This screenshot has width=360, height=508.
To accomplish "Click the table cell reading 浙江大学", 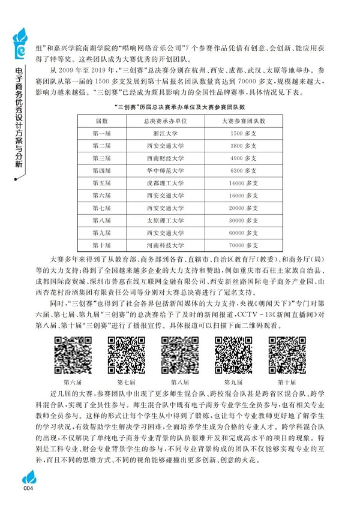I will pyautogui.click(x=164, y=133).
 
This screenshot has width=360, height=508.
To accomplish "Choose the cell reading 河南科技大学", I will pyautogui.click(x=164, y=245).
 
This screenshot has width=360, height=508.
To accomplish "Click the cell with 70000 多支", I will pyautogui.click(x=244, y=245).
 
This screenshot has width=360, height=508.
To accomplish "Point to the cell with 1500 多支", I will pyautogui.click(x=244, y=133).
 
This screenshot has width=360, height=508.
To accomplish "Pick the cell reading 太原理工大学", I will pyautogui.click(x=164, y=220).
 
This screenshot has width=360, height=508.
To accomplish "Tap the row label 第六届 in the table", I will pyautogui.click(x=101, y=196).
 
